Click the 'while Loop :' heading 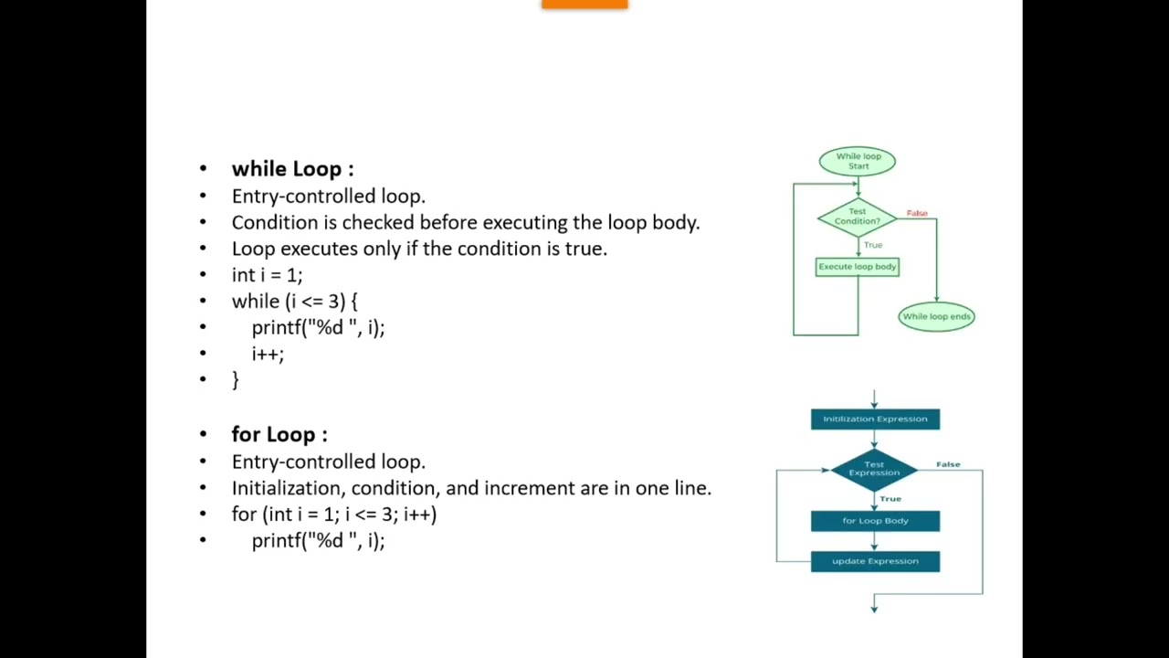(x=292, y=169)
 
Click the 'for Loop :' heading (x=279, y=434)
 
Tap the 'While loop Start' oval (x=858, y=162)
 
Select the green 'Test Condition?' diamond (x=857, y=217)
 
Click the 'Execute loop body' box (x=857, y=267)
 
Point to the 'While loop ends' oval (x=936, y=316)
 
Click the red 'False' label (x=917, y=213)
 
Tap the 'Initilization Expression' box (x=875, y=419)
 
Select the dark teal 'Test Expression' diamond (x=874, y=470)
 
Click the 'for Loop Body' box (x=875, y=521)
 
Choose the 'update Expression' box (x=875, y=561)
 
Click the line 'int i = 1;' (x=267, y=275)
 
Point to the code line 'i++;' (x=268, y=354)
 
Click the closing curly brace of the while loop (x=236, y=379)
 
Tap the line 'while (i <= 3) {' (x=294, y=301)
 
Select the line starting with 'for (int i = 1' (x=334, y=515)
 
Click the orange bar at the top (x=584, y=4)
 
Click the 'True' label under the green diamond (x=873, y=245)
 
